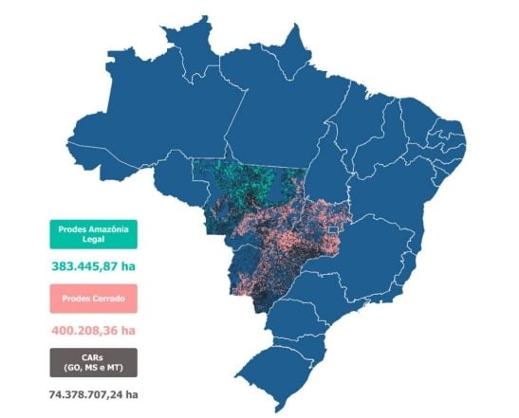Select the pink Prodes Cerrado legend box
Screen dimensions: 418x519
93,299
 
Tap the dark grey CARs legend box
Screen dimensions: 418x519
93,362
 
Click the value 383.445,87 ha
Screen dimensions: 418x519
93,267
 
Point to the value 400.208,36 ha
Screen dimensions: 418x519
93,331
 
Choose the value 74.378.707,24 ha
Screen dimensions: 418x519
93,394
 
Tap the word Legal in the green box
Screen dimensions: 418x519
93,243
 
